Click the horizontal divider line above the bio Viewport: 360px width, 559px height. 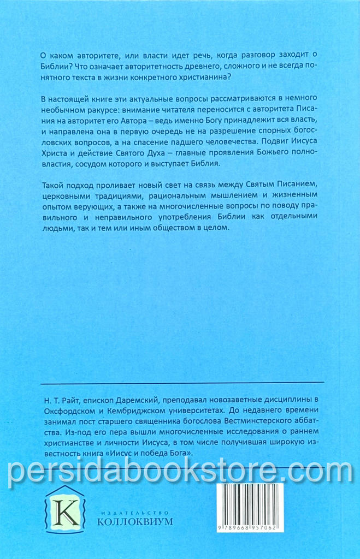pos(182,382)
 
